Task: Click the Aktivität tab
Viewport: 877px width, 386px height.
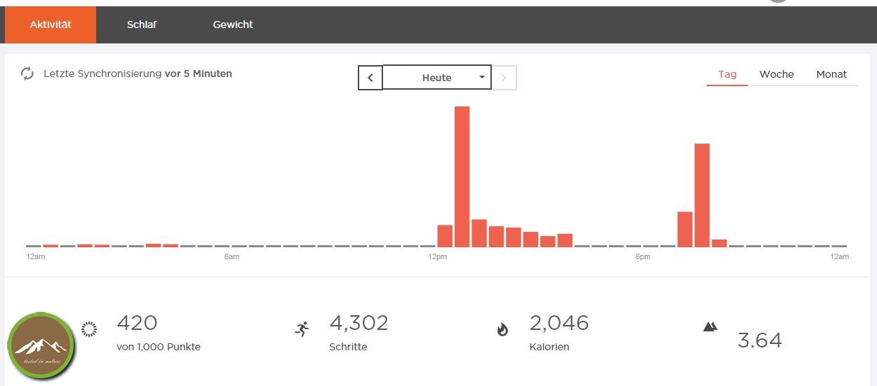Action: tap(51, 25)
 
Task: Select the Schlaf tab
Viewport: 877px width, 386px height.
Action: tap(142, 25)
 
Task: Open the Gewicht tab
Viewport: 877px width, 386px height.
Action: tap(233, 25)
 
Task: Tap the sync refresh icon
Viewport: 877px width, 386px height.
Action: tap(27, 74)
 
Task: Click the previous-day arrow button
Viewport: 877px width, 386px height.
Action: tap(370, 78)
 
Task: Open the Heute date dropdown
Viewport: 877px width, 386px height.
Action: tap(436, 78)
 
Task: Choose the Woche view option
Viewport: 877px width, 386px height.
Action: tap(777, 74)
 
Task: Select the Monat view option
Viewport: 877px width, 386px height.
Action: tap(831, 74)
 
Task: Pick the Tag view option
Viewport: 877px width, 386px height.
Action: tap(728, 74)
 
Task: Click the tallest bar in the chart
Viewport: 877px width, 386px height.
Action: tap(462, 176)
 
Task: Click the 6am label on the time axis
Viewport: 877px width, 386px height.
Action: tap(232, 257)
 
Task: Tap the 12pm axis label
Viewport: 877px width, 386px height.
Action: tap(437, 257)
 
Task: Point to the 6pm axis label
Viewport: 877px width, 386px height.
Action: tap(643, 257)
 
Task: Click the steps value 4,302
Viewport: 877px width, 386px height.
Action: tap(359, 323)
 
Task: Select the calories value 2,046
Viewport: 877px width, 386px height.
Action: tap(559, 323)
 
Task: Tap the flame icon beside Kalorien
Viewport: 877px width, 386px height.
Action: tap(502, 329)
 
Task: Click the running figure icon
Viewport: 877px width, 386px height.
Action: tap(302, 329)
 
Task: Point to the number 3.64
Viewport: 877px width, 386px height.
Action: tap(759, 340)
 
